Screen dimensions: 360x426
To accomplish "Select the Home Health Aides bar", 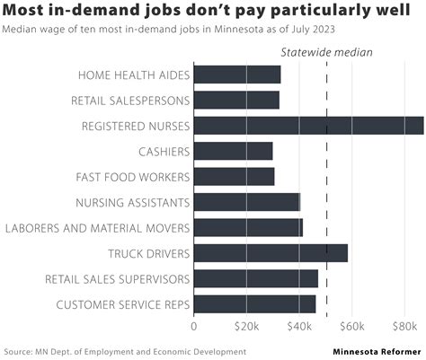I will [x=236, y=75].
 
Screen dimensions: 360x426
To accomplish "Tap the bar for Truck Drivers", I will [x=270, y=253].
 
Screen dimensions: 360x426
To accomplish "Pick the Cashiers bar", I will [x=233, y=151].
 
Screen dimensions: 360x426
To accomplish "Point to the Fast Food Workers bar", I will [x=234, y=177].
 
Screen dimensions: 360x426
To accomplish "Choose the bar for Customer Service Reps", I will [x=254, y=304].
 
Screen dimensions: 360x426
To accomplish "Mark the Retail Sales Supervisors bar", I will [x=255, y=279].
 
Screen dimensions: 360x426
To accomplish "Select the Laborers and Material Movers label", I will [x=97, y=228].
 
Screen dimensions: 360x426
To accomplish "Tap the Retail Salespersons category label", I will [x=130, y=100].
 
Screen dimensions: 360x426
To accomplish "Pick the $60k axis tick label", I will [x=352, y=325].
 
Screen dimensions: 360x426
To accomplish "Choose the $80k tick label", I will [x=404, y=325].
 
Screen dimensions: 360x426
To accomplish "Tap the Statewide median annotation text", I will [x=327, y=51].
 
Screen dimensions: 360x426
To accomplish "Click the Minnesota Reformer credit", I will [x=377, y=351].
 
